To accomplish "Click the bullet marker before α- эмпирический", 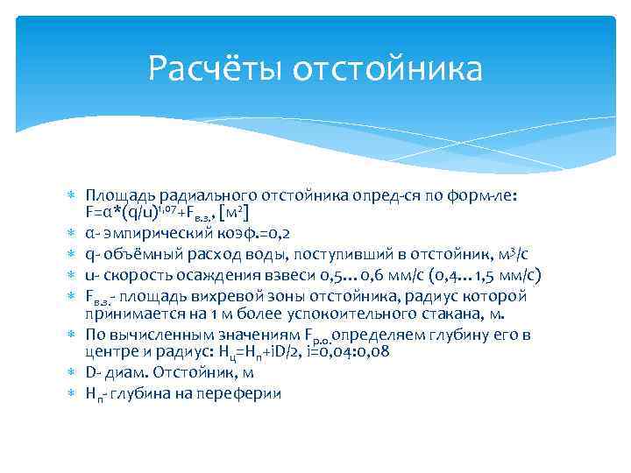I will (71, 233).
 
